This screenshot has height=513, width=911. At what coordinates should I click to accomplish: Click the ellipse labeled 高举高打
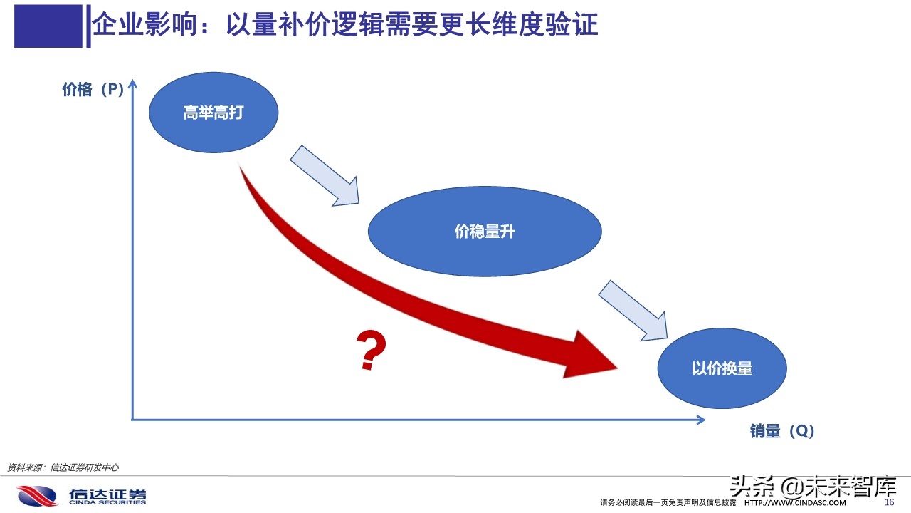point(213,113)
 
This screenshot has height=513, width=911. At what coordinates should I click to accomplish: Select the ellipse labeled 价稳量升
point(484,232)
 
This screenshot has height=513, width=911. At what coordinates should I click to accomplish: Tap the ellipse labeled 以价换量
point(722,368)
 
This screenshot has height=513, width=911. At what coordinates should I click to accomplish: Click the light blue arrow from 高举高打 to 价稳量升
point(325,176)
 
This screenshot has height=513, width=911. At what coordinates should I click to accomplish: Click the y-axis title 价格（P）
point(93,90)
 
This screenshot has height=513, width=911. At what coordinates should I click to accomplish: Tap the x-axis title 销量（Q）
point(781,431)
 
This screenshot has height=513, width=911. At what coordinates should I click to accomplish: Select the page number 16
point(888,502)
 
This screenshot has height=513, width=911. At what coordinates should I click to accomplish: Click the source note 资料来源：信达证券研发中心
point(63,467)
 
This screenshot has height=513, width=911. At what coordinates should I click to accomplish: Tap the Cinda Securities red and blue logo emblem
point(37,495)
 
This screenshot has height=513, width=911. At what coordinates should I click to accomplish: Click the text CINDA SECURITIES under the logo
point(107,502)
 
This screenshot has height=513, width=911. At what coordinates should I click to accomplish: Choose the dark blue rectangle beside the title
point(48,26)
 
